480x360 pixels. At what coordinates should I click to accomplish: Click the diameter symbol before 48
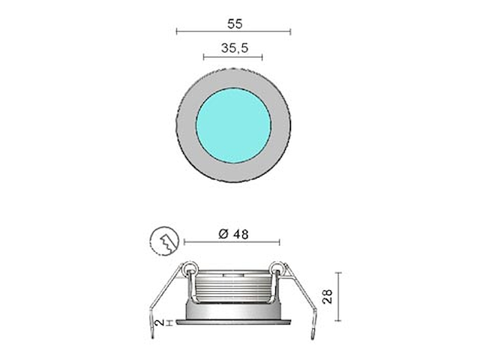[223, 233]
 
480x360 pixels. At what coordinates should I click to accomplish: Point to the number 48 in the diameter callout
[241, 233]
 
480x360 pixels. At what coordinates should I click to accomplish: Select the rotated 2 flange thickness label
[158, 322]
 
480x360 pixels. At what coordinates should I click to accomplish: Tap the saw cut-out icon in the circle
[163, 240]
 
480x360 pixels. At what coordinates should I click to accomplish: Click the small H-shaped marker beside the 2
[169, 322]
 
